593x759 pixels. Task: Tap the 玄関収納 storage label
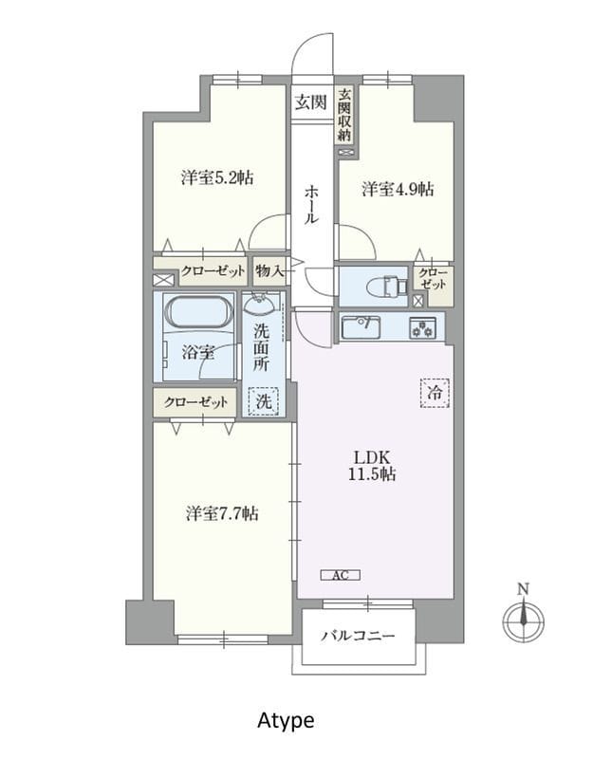[345, 115]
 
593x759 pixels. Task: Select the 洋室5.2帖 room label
[216, 176]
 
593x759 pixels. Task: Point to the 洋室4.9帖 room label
[398, 189]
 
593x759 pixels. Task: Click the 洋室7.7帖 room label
[221, 513]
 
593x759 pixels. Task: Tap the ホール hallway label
[311, 205]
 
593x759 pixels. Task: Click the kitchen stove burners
[421, 327]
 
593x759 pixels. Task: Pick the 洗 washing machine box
[265, 401]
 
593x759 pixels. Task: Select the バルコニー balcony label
[357, 636]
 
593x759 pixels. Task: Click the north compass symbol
[523, 618]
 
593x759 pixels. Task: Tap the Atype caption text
[286, 720]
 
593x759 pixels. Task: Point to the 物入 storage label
[269, 270]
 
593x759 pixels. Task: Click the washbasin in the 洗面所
[261, 305]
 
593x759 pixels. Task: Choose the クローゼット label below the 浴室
[195, 401]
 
